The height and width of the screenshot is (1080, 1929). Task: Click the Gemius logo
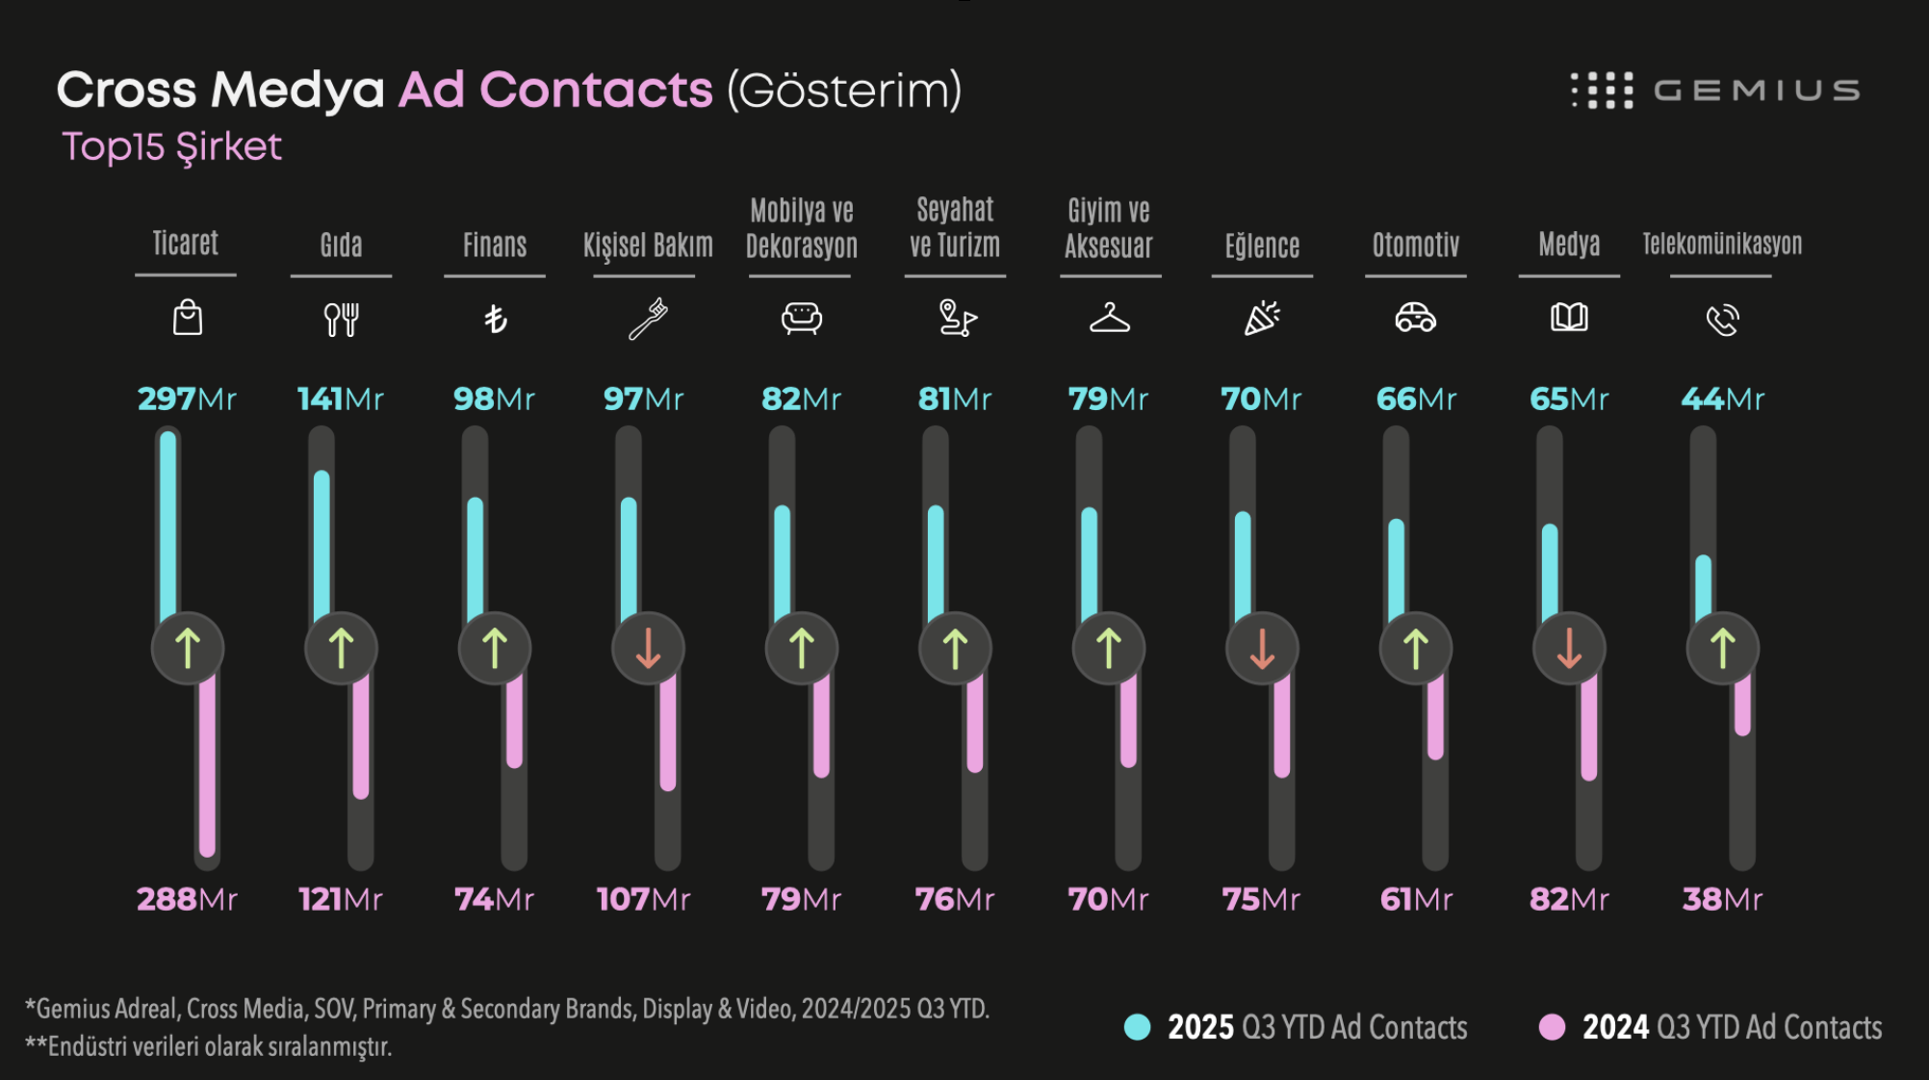[x=1714, y=90]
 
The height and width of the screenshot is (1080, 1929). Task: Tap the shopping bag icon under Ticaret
[x=187, y=318]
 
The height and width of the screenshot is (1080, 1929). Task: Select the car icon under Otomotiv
[x=1415, y=317]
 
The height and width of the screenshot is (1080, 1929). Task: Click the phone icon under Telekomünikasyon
[x=1722, y=319]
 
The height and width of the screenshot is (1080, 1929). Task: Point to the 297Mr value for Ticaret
[x=187, y=399]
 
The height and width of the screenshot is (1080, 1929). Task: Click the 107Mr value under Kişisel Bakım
[x=643, y=899]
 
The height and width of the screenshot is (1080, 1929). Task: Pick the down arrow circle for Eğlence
[x=1262, y=649]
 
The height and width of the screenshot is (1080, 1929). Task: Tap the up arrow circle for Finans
[x=495, y=649]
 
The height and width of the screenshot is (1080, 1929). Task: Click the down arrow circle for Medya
[x=1569, y=649]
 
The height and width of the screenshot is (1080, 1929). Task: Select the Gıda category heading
[x=341, y=245]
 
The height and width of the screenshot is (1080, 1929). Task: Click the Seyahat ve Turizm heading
[x=955, y=227]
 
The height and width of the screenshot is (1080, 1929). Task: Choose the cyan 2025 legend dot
[x=1137, y=1027]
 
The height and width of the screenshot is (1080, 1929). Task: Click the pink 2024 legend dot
[x=1552, y=1027]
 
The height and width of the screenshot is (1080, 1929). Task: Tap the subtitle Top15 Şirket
[x=171, y=146]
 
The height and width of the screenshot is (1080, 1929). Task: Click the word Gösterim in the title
[x=844, y=90]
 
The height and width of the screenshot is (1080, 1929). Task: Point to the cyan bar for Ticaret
[x=168, y=525]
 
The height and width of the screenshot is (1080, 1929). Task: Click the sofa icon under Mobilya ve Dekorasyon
[x=801, y=318]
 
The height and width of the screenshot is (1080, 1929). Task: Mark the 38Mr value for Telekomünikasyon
[x=1722, y=899]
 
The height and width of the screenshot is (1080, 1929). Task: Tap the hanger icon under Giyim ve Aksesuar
[x=1109, y=318]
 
